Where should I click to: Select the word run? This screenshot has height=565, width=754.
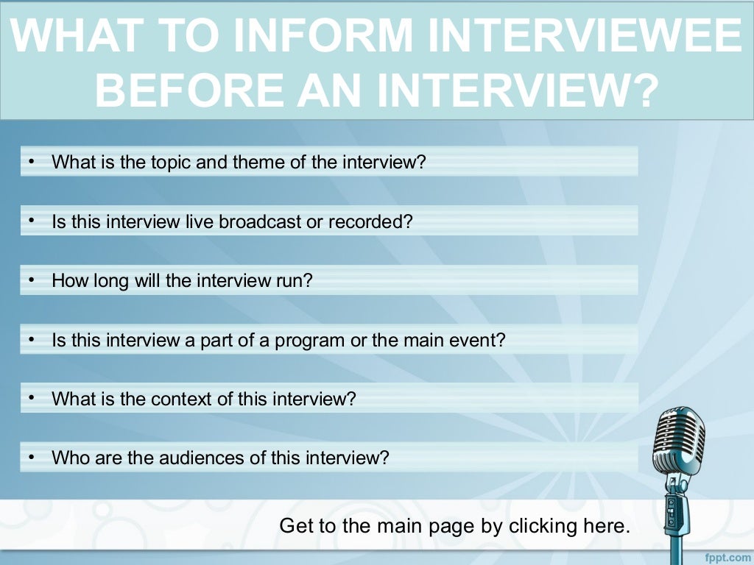[x=297, y=281]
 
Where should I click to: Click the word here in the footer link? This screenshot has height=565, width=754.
[x=610, y=526]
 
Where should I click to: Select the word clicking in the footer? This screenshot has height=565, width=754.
[x=541, y=526]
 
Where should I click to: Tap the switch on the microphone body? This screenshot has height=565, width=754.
[x=671, y=507]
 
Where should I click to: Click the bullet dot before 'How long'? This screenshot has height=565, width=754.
[x=32, y=280]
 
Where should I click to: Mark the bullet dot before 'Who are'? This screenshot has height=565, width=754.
[x=32, y=458]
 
